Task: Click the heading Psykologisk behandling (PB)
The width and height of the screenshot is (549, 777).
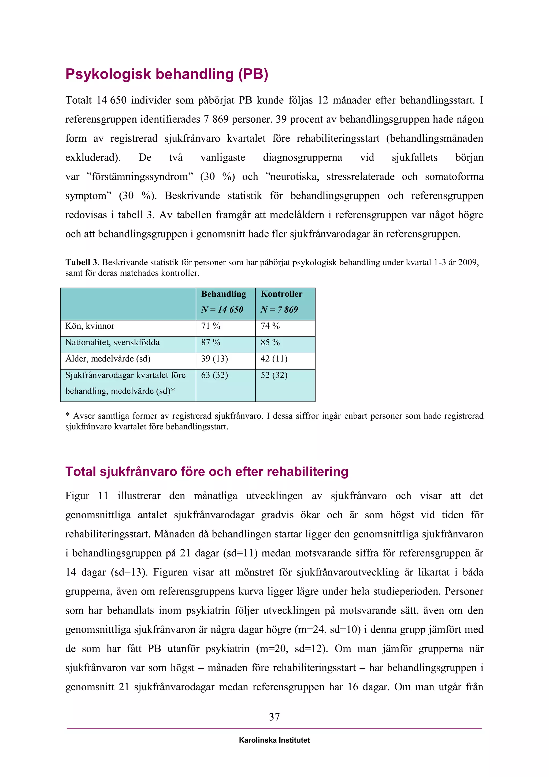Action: tap(167, 74)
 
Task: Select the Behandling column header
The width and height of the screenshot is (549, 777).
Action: tap(224, 294)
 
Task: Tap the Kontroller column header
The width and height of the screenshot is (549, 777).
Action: tap(281, 294)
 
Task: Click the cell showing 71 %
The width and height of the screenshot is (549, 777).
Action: tap(211, 326)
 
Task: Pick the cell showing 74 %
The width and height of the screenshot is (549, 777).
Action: tap(270, 326)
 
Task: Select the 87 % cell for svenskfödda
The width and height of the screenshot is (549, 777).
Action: tap(211, 342)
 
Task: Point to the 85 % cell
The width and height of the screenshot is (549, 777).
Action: tap(270, 342)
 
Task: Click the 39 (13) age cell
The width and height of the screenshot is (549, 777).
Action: tap(214, 359)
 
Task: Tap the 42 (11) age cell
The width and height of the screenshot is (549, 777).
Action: tap(274, 359)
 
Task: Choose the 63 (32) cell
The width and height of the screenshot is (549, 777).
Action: tap(214, 375)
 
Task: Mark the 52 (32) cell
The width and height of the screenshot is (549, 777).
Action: tap(274, 375)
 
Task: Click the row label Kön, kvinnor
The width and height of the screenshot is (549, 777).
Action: tap(90, 326)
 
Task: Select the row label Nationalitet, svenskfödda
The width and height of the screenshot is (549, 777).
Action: tap(112, 342)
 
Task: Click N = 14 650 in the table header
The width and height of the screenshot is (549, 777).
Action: tap(222, 310)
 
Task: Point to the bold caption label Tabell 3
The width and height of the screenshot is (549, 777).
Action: tap(81, 262)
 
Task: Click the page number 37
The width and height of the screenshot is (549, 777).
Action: tap(274, 717)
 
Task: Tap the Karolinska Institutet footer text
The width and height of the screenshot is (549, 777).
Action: tap(274, 740)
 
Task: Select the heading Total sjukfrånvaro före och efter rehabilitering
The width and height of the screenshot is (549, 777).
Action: tap(207, 471)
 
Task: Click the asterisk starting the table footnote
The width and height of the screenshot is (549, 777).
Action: tap(67, 415)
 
